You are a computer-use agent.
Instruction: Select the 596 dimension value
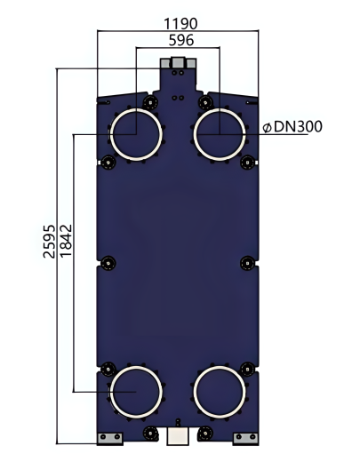point(181,39)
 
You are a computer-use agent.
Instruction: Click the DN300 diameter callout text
point(292,127)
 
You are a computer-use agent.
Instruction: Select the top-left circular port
point(136,135)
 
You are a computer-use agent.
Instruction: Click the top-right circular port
point(220,135)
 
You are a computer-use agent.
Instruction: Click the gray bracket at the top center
point(178,64)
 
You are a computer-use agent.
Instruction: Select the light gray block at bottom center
point(178,435)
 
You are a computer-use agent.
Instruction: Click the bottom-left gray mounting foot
point(109,438)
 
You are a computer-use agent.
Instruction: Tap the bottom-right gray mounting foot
point(244,438)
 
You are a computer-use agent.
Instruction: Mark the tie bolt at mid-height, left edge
point(108,262)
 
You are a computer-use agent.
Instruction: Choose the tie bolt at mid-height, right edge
point(247,262)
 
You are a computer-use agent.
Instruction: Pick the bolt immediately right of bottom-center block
point(207,434)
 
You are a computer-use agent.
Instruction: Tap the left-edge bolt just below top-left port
point(108,162)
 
